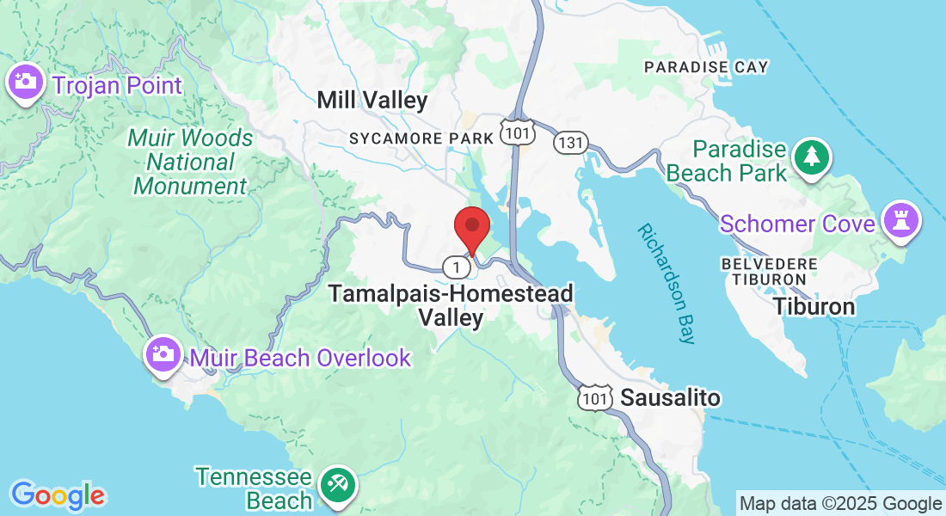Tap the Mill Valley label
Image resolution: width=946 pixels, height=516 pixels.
click(x=372, y=101)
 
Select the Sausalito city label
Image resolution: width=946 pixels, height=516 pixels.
click(x=670, y=398)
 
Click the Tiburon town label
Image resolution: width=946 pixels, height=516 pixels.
click(x=814, y=307)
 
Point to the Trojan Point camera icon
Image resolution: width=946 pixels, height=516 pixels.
click(x=25, y=83)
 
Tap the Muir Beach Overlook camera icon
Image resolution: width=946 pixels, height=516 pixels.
click(x=163, y=354)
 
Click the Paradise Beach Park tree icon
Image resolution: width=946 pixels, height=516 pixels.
click(x=811, y=157)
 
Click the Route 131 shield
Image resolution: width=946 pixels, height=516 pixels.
click(x=570, y=142)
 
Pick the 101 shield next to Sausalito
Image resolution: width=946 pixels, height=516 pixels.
click(x=594, y=398)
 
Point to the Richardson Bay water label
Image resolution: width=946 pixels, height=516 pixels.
click(x=666, y=284)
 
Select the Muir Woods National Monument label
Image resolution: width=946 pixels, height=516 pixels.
click(x=191, y=162)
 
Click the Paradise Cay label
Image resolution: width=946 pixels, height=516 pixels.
click(x=706, y=67)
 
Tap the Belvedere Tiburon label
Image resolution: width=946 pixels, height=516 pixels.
click(x=764, y=271)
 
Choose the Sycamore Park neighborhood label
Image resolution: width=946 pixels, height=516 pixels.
click(x=421, y=138)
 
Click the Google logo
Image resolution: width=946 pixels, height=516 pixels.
click(x=58, y=494)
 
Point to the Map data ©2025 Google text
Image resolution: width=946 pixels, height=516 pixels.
click(x=840, y=504)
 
